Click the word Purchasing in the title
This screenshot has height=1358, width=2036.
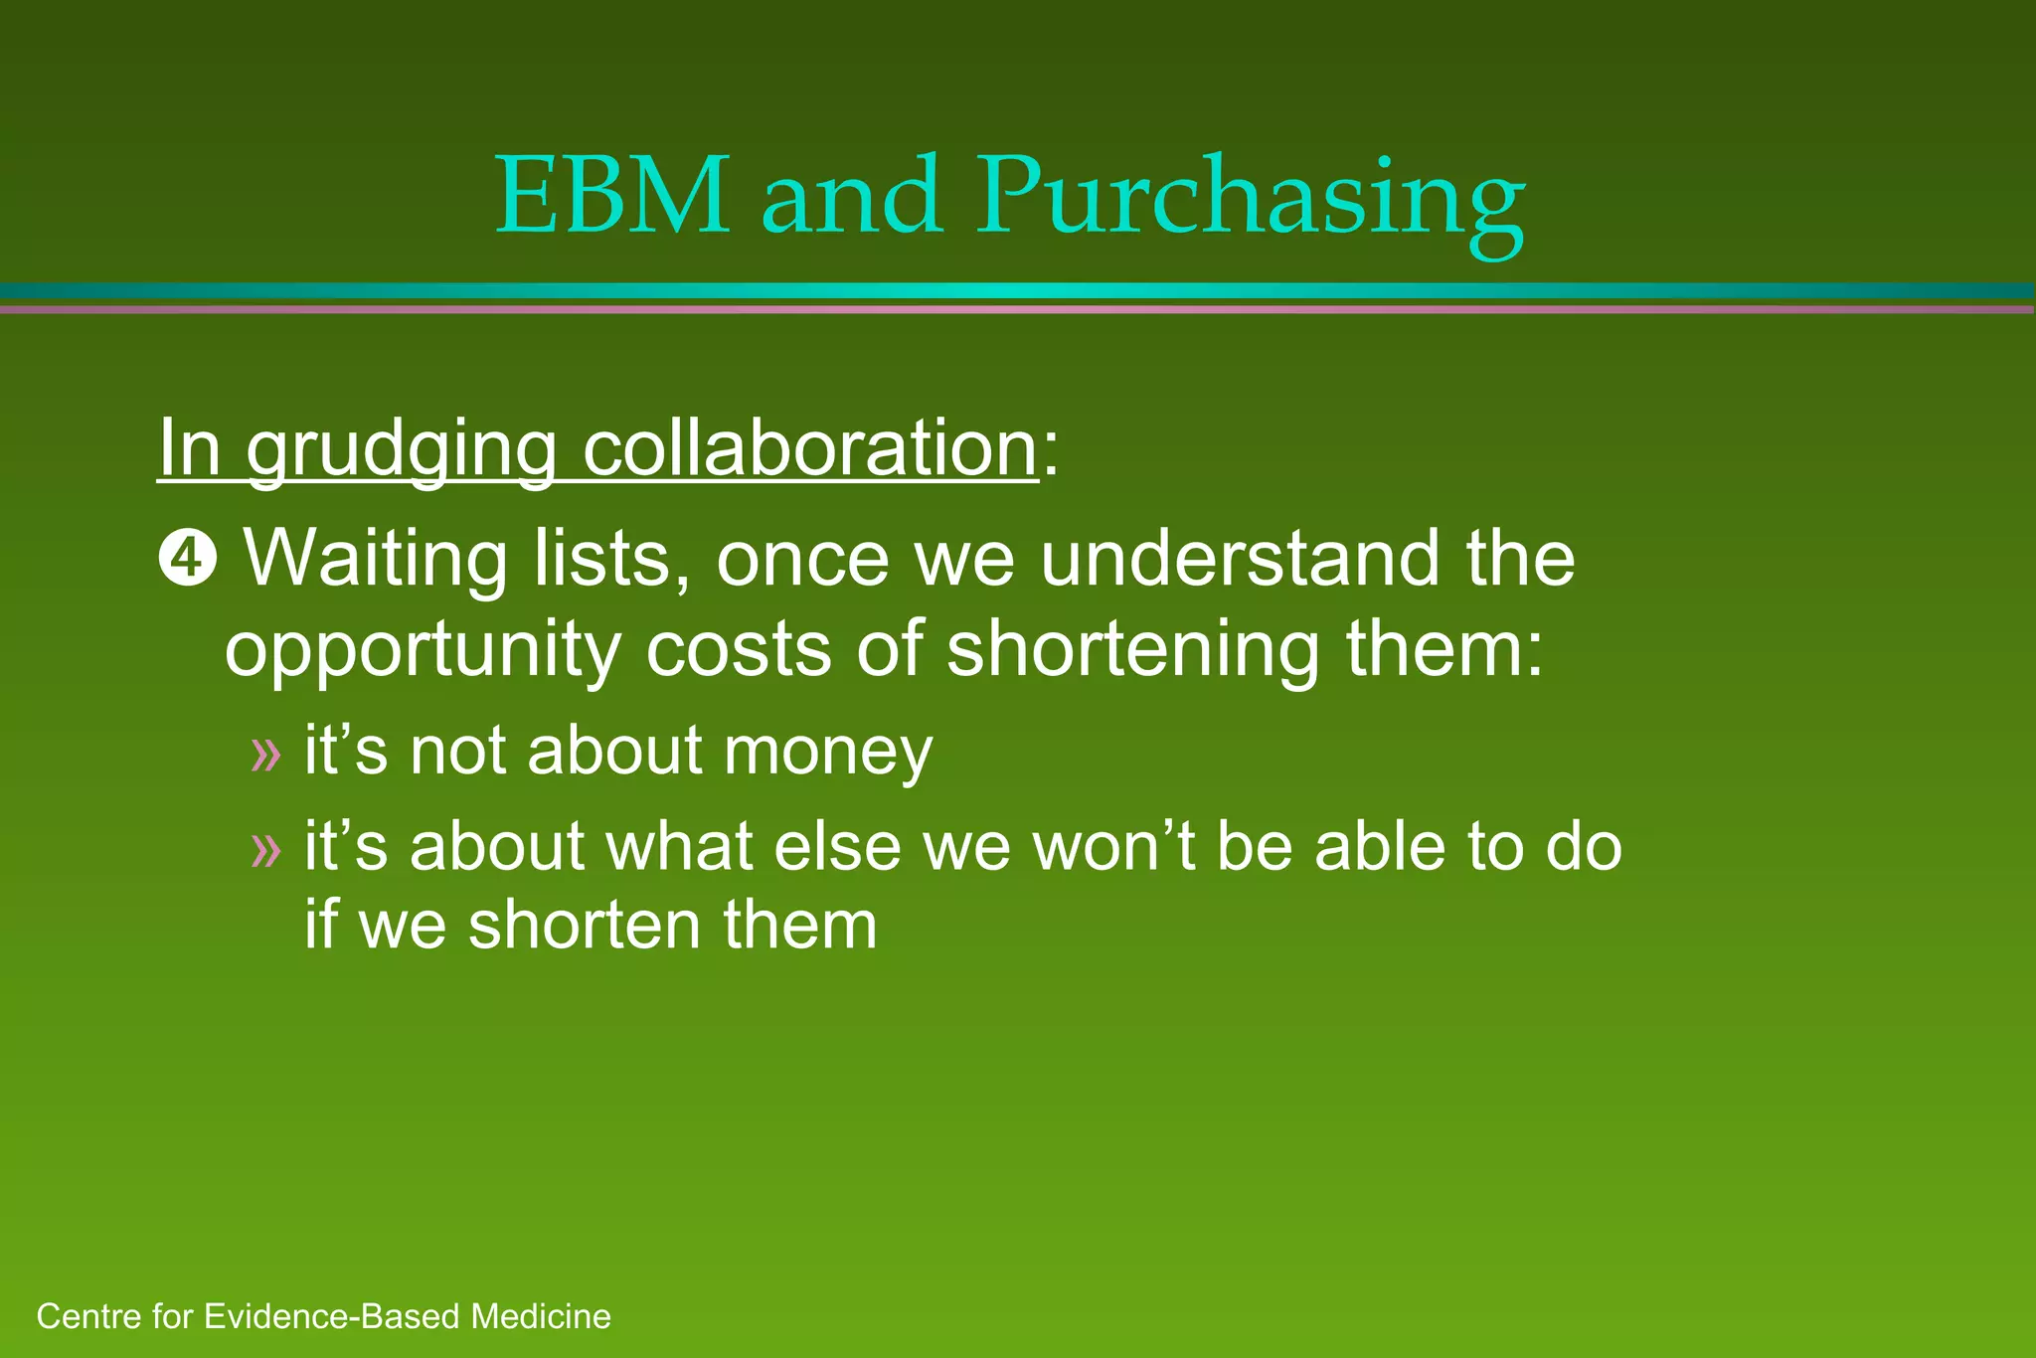(1250, 199)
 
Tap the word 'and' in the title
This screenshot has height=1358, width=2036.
(852, 196)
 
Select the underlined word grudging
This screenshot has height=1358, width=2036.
(401, 451)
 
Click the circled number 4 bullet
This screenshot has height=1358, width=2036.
(186, 561)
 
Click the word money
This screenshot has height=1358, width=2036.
(828, 753)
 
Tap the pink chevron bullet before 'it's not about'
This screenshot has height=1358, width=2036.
(266, 755)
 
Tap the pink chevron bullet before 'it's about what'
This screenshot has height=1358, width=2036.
(266, 850)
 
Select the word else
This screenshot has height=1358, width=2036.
(836, 848)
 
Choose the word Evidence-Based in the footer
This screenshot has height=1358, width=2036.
(333, 1317)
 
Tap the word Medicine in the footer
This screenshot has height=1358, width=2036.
(541, 1317)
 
